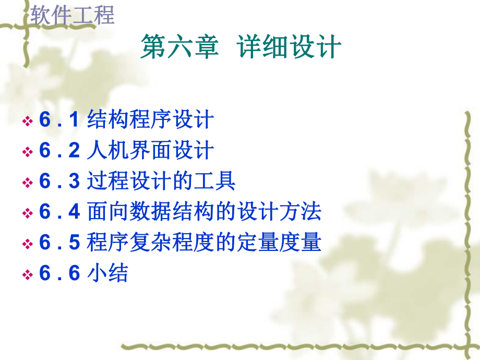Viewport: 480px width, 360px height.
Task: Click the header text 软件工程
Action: click(x=73, y=15)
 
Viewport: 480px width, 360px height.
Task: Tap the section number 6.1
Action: click(x=59, y=120)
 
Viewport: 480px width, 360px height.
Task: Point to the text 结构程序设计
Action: click(x=151, y=120)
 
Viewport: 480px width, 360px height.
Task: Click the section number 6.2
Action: click(x=59, y=151)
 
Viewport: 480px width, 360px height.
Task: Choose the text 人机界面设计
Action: click(x=151, y=151)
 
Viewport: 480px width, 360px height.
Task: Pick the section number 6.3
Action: click(x=59, y=182)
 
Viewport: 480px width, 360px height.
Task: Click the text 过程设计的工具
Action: click(x=162, y=182)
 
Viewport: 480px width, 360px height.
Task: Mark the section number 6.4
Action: click(x=59, y=212)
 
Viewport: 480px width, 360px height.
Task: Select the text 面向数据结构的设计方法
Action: click(x=205, y=212)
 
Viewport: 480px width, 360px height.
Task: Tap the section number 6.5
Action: click(x=59, y=243)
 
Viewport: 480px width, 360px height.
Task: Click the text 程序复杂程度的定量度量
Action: click(x=205, y=243)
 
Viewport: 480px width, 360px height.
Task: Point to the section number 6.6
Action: click(x=59, y=273)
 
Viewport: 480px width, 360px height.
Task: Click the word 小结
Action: click(x=107, y=273)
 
